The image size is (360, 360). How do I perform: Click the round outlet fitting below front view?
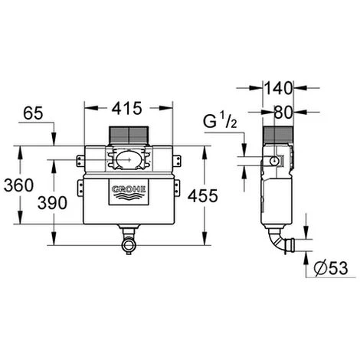(x=127, y=244)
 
